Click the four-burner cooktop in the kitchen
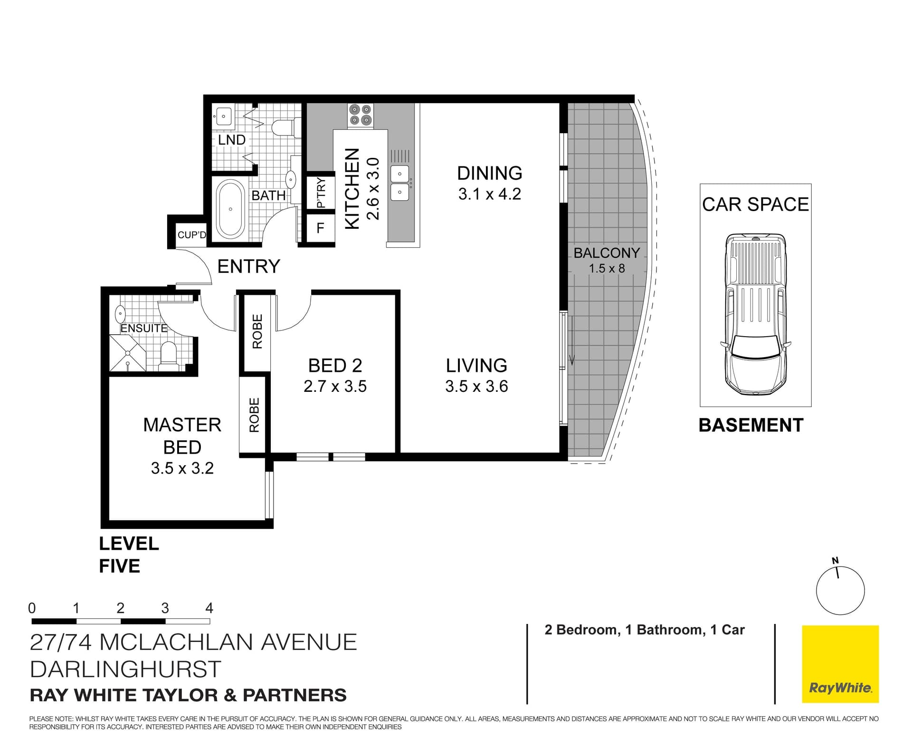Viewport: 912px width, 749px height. coord(360,116)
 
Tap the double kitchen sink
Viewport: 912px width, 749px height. coord(400,183)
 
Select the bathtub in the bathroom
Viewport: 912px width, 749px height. coord(230,209)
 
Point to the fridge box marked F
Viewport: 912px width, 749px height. coord(320,228)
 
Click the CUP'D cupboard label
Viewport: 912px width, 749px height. coord(191,235)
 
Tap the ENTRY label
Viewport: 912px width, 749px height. coord(248,266)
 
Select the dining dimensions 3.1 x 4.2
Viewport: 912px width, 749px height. coord(489,194)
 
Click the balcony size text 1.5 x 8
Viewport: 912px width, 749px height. coord(607,268)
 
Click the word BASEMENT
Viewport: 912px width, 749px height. coord(750,425)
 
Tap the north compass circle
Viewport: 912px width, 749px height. coord(840,591)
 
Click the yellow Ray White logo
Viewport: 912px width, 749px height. coord(840,664)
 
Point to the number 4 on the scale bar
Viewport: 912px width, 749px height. coord(209,608)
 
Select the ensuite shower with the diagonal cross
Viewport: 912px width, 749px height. coord(127,353)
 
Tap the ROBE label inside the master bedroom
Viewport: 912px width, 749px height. coord(254,415)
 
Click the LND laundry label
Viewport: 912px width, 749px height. coord(231,140)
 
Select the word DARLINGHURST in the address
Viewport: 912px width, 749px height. coord(125,669)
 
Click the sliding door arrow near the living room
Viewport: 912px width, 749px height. coord(572,340)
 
